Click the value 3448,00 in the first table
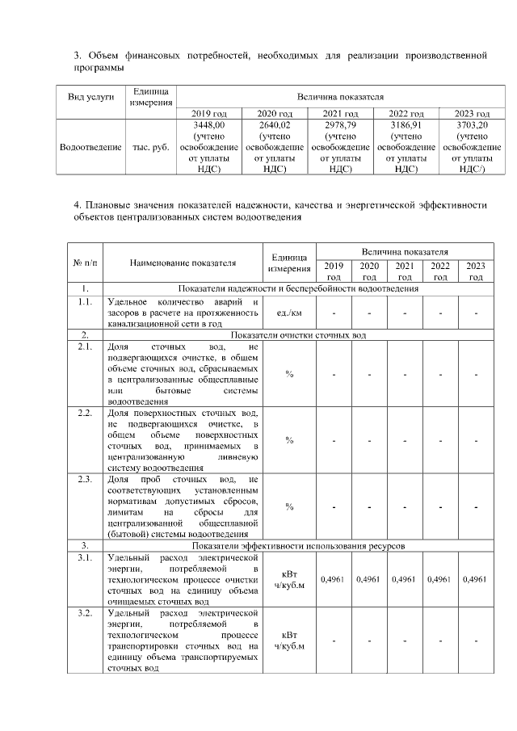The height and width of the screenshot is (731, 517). (x=208, y=125)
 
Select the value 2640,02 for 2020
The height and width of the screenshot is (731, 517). (x=273, y=125)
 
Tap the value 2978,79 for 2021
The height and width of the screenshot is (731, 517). (x=339, y=125)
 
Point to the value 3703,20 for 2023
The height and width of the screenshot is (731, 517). (x=472, y=125)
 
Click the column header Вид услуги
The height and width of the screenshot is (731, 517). (x=90, y=96)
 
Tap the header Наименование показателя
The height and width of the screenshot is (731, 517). (x=182, y=263)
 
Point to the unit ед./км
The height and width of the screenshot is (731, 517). (x=289, y=313)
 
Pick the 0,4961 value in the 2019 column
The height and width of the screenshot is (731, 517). (x=334, y=579)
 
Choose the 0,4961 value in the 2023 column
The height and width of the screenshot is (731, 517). (x=475, y=579)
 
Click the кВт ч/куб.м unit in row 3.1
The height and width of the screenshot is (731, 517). (x=289, y=579)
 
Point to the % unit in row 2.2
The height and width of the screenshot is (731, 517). (x=289, y=440)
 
